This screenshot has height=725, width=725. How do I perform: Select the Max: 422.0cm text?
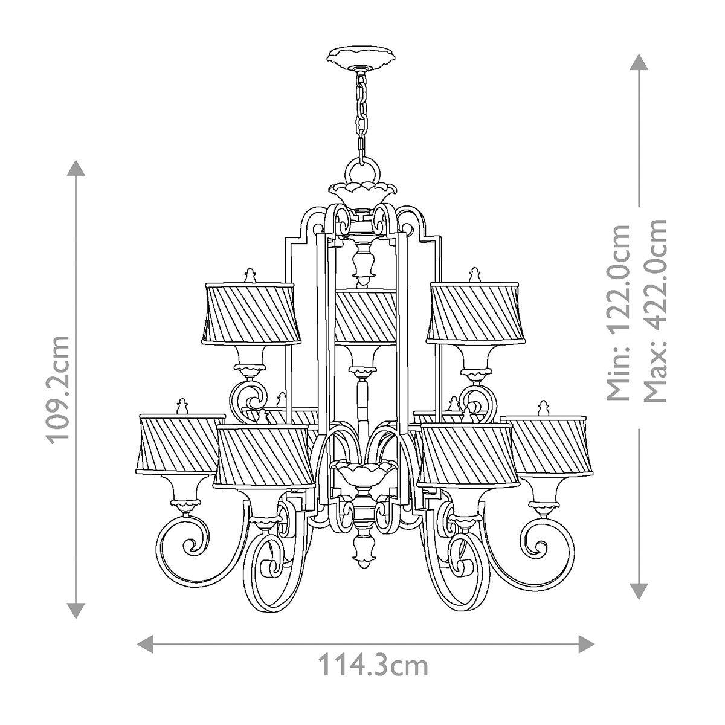click(x=656, y=310)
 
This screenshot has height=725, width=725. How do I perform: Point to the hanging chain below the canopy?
click(x=361, y=115)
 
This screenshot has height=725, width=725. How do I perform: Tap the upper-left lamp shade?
click(x=251, y=314)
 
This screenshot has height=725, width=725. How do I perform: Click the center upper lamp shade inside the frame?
click(x=366, y=316)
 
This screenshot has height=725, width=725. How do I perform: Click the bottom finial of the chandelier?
click(x=363, y=556)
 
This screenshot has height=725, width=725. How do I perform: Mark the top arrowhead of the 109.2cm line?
click(x=76, y=168)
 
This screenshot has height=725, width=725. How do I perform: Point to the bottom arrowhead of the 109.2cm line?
click(x=76, y=610)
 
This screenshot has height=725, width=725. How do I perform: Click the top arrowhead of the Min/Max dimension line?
click(x=639, y=62)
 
